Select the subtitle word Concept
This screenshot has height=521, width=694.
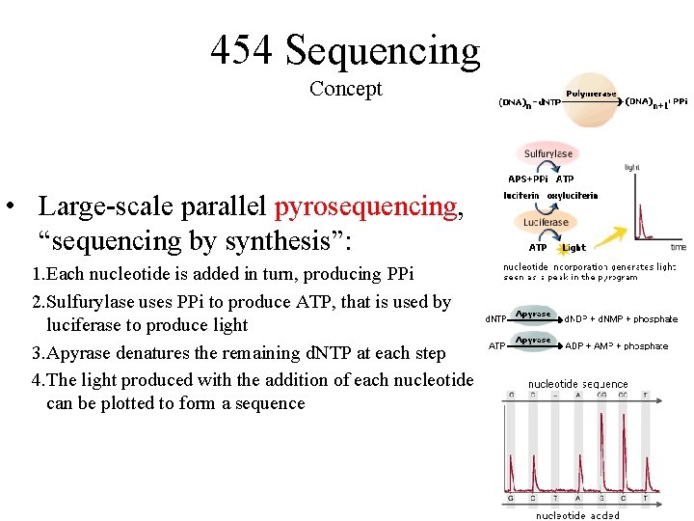pyautogui.click(x=345, y=89)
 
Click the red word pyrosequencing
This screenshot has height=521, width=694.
pyautogui.click(x=365, y=206)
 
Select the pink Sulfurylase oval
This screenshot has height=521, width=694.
pyautogui.click(x=547, y=153)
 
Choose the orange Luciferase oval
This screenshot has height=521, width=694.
pyautogui.click(x=546, y=222)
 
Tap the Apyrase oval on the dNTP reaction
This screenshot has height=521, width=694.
pyautogui.click(x=533, y=315)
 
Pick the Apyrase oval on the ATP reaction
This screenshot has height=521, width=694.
pyautogui.click(x=533, y=341)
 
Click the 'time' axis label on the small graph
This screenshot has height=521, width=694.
pyautogui.click(x=679, y=247)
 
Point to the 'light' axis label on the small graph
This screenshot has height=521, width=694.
pyautogui.click(x=632, y=167)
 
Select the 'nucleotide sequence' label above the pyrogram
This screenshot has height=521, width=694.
pyautogui.click(x=577, y=384)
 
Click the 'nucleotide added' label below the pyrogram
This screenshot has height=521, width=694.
pyautogui.click(x=578, y=514)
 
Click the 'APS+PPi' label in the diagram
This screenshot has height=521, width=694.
pyautogui.click(x=527, y=178)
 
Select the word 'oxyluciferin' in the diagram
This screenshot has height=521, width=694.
pyautogui.click(x=573, y=196)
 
